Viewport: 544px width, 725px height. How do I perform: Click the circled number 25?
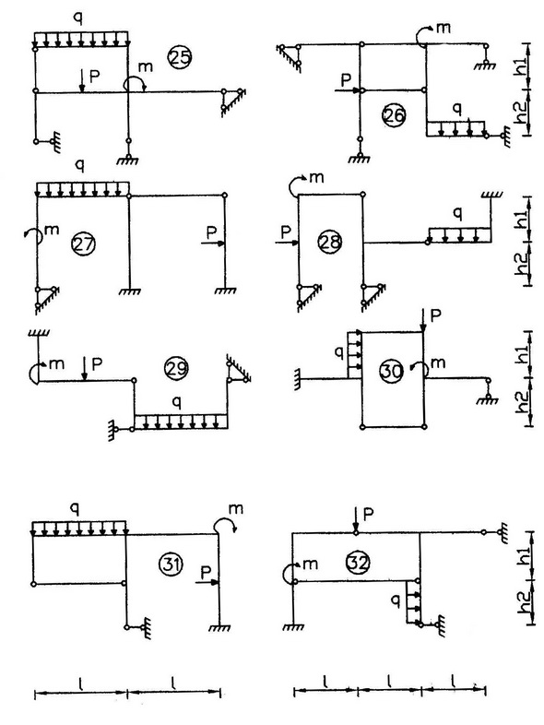click(180, 57)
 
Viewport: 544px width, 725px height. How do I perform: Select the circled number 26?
click(394, 115)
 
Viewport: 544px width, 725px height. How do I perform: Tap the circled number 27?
click(84, 244)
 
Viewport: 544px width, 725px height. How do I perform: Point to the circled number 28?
click(330, 242)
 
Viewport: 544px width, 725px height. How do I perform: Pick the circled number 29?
click(176, 368)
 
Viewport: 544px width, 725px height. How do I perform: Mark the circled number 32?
click(358, 564)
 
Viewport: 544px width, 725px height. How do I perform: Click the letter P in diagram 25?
click(95, 77)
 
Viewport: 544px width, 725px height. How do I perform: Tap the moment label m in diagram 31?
click(236, 509)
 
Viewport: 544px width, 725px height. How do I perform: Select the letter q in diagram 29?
click(175, 403)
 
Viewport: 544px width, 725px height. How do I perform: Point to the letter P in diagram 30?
click(435, 315)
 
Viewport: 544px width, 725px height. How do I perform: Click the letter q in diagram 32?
click(396, 600)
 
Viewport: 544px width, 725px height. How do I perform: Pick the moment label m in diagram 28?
click(316, 177)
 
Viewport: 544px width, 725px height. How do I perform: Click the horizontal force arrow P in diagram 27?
click(213, 244)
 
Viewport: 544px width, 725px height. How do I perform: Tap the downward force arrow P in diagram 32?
click(355, 519)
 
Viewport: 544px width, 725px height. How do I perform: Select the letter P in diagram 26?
click(346, 80)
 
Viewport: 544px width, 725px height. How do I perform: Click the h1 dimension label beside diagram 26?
click(521, 67)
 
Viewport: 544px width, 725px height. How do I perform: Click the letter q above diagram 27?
click(80, 164)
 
